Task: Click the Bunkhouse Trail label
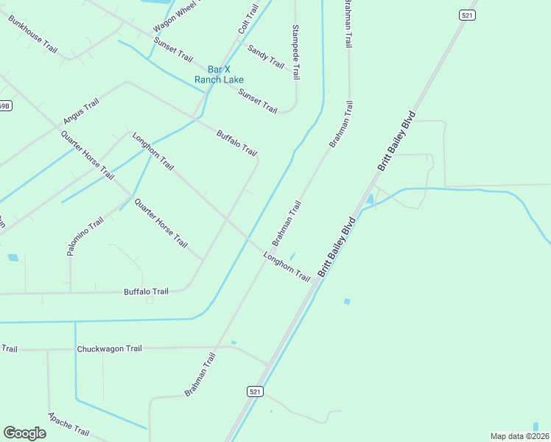pos(33,34)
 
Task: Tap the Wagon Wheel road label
pos(177,16)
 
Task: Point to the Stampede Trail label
pos(296,52)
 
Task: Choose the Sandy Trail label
pos(265,57)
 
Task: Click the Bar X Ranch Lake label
pos(219,74)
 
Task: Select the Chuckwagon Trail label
pos(109,348)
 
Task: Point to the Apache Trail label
pos(69,423)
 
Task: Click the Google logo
pos(24,433)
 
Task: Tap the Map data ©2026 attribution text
pos(520,435)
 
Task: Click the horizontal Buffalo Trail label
pos(146,292)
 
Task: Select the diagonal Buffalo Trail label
pos(236,143)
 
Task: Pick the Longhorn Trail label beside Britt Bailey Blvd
pos(287,265)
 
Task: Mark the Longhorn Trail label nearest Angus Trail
pos(152,152)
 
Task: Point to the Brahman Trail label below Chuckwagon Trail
pos(200,374)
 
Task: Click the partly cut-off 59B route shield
pos(4,106)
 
